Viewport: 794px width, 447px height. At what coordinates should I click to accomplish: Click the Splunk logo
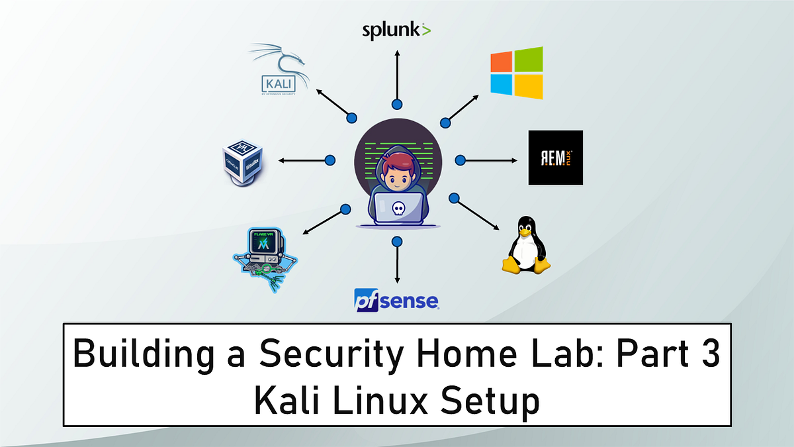tap(396, 30)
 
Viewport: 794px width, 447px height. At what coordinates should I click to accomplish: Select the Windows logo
tap(516, 73)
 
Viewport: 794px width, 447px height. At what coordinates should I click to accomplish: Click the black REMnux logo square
tap(555, 158)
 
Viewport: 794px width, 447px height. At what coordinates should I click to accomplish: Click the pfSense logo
tap(396, 300)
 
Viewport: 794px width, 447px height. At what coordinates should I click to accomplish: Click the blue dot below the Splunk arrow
tap(396, 104)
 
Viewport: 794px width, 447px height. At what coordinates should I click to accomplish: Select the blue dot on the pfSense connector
tap(396, 241)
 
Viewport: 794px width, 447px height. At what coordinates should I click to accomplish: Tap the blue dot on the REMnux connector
tap(461, 160)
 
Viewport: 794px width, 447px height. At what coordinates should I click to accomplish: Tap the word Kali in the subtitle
tap(290, 402)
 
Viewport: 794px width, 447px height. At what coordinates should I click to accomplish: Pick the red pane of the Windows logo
tap(502, 61)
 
